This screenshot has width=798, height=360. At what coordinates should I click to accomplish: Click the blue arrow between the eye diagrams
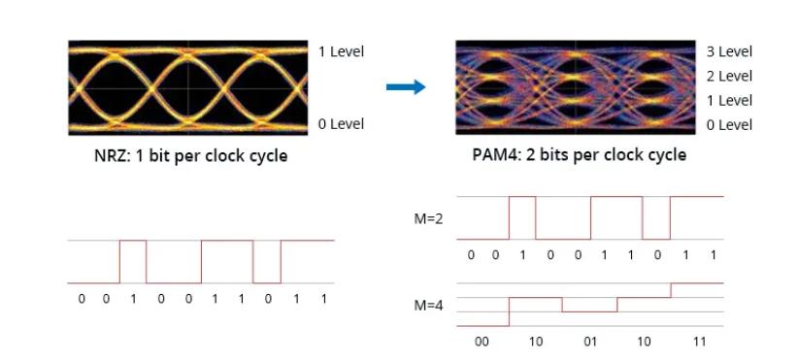406,87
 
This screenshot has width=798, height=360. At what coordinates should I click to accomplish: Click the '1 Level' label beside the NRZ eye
341,51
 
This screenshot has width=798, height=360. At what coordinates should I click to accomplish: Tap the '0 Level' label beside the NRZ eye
341,124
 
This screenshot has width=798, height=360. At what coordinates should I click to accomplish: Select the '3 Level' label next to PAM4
729,51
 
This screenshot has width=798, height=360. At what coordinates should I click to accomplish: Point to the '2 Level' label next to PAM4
729,76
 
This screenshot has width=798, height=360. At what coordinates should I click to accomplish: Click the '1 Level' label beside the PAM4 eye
729,100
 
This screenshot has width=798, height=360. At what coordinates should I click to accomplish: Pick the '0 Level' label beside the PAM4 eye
729,124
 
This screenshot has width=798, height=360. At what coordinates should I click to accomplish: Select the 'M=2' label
429,218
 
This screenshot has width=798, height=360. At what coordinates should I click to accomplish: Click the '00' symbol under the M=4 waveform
482,342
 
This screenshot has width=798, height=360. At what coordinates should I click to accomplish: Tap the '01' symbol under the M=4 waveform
589,342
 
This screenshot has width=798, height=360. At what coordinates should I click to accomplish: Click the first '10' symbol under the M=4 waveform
536,342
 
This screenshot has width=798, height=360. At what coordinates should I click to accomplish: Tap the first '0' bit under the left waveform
81,299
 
